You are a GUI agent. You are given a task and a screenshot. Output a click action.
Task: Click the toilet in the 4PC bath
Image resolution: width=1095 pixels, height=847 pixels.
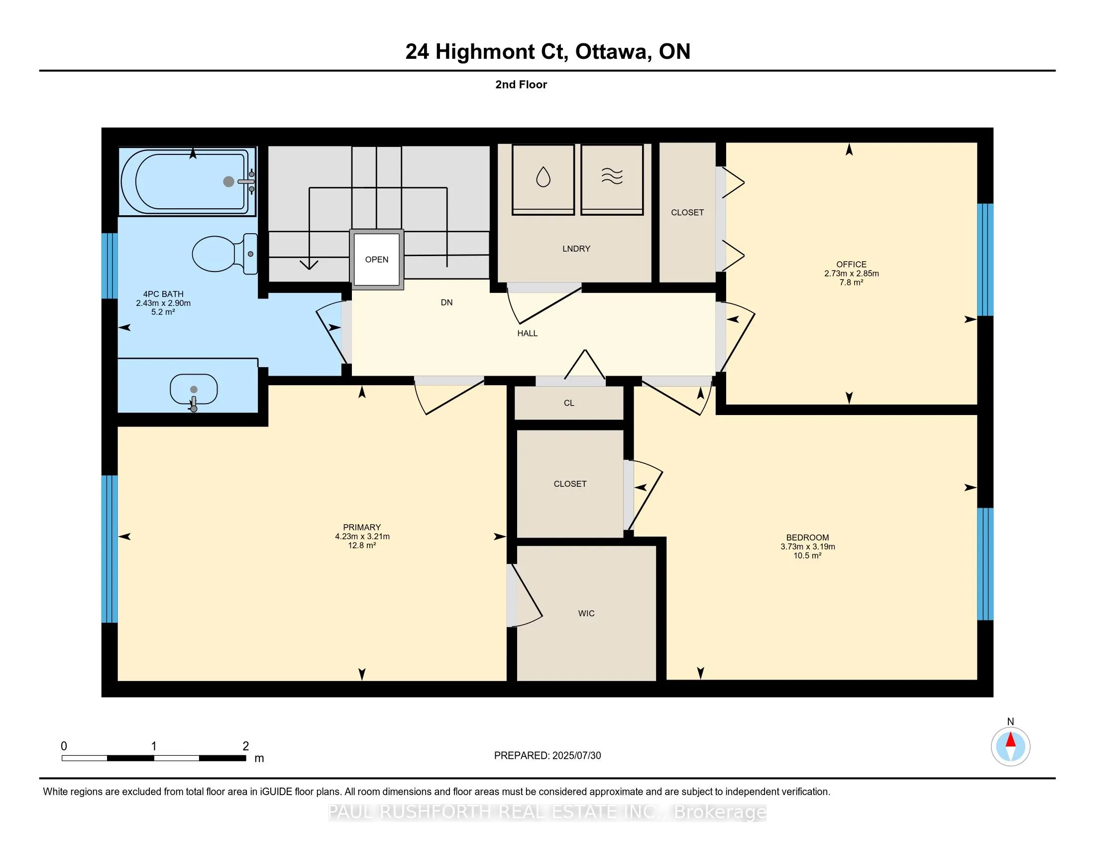click(224, 254)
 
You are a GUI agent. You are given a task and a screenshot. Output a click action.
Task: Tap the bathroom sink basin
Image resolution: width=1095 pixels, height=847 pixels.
click(194, 390)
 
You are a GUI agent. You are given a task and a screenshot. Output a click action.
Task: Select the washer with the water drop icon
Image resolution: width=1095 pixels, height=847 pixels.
click(543, 180)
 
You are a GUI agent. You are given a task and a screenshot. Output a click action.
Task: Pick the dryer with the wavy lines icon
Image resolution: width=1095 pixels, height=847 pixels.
click(612, 180)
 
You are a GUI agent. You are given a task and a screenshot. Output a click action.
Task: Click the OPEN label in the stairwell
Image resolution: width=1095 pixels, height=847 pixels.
click(377, 260)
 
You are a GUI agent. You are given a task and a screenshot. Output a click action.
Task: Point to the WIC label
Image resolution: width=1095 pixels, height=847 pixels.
click(586, 613)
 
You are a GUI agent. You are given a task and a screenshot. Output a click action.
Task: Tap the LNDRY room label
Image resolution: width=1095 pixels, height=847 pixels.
click(576, 249)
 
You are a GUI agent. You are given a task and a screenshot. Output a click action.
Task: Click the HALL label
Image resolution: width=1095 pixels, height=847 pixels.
click(528, 333)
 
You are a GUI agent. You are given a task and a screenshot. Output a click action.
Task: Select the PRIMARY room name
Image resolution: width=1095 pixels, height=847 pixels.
click(362, 527)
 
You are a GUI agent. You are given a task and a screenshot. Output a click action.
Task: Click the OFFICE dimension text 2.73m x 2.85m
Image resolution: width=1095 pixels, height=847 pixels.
click(851, 274)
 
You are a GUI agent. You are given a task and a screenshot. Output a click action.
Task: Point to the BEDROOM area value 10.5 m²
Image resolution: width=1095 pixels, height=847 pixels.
click(807, 556)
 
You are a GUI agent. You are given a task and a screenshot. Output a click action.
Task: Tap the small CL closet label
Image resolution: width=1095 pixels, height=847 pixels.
click(568, 403)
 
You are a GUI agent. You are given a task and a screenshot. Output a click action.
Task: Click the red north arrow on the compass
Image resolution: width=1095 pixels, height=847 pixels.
click(1011, 740)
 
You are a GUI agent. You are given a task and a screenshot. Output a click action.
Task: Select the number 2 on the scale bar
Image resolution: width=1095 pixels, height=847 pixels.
click(246, 746)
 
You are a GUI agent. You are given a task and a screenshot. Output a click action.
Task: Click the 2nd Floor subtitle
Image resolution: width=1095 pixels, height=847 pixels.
click(521, 85)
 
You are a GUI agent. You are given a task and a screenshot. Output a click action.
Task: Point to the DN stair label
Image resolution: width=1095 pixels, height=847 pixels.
click(447, 302)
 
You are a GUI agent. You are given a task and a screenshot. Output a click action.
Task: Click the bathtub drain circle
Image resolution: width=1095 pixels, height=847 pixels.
click(228, 182)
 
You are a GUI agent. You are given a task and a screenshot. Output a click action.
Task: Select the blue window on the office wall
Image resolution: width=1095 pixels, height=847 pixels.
click(985, 260)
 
